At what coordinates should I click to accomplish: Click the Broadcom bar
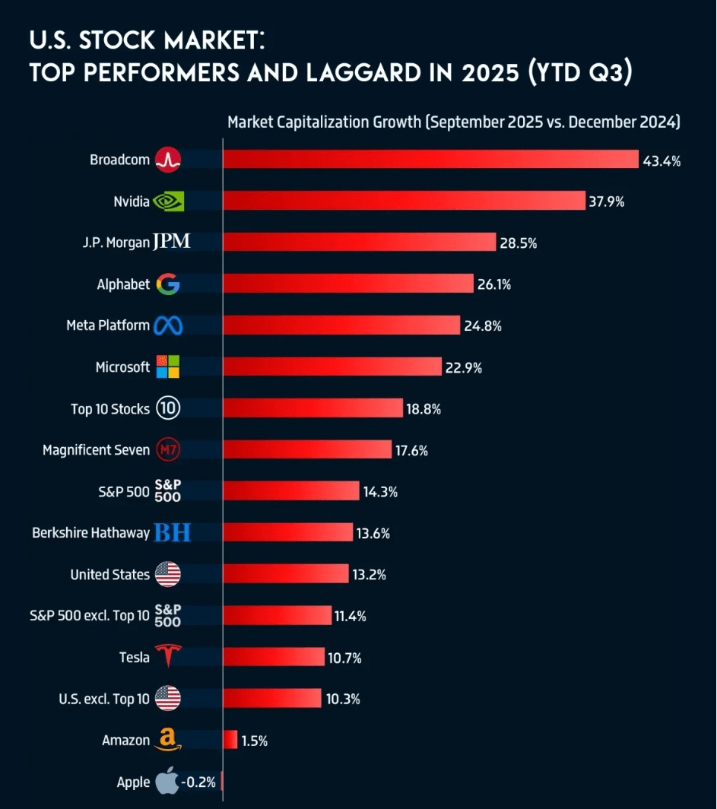430,159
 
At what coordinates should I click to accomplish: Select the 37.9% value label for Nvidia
606,201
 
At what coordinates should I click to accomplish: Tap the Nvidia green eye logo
168,201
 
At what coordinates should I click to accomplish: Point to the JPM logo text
171,243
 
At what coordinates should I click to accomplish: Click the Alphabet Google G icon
168,284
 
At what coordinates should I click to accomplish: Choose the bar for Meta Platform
341,325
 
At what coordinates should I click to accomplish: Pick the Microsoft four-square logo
168,367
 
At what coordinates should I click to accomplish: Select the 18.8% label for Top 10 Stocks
424,408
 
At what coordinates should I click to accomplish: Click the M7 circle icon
167,450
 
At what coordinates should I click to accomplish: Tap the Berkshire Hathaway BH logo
172,533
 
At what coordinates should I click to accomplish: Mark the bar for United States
286,574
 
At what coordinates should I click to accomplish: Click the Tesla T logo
168,656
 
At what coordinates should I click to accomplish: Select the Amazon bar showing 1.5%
230,740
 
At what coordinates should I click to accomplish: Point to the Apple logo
167,781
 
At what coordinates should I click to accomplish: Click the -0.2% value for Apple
198,782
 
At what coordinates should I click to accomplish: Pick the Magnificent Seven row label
96,450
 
